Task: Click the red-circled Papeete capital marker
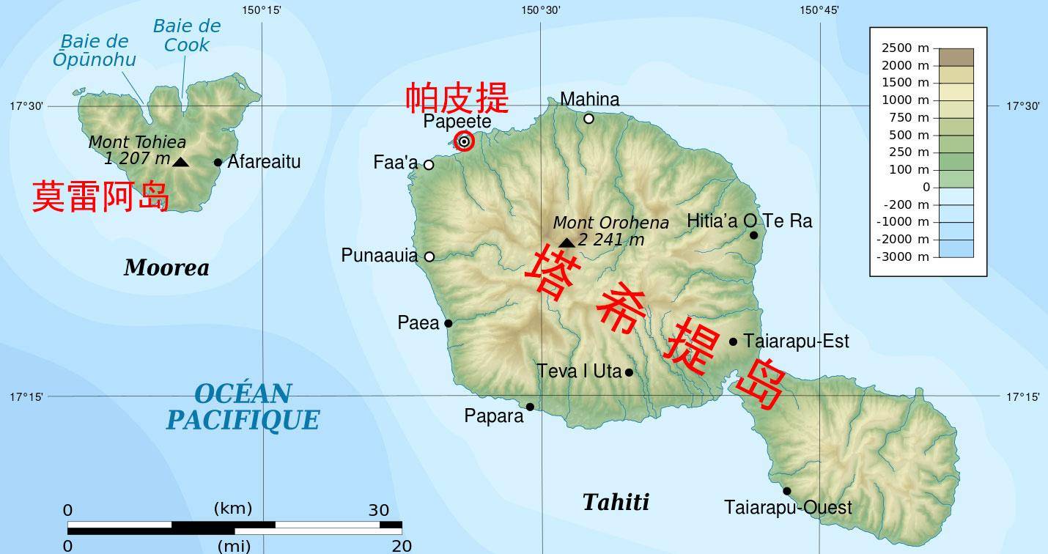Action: [464, 141]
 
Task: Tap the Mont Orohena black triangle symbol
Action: [567, 243]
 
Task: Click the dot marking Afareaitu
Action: [218, 163]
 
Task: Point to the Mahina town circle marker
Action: [588, 119]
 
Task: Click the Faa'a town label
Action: [395, 163]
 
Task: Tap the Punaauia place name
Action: [379, 256]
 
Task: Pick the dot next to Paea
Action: [449, 323]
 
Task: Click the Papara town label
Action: [494, 416]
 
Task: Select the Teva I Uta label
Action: [579, 372]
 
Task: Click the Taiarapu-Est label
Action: [796, 341]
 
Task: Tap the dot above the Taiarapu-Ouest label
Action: [786, 491]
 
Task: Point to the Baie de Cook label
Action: [187, 35]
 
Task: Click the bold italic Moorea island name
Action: [166, 267]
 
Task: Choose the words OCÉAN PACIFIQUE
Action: [243, 407]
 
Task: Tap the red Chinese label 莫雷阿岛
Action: [101, 197]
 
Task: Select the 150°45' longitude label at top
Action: [819, 10]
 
